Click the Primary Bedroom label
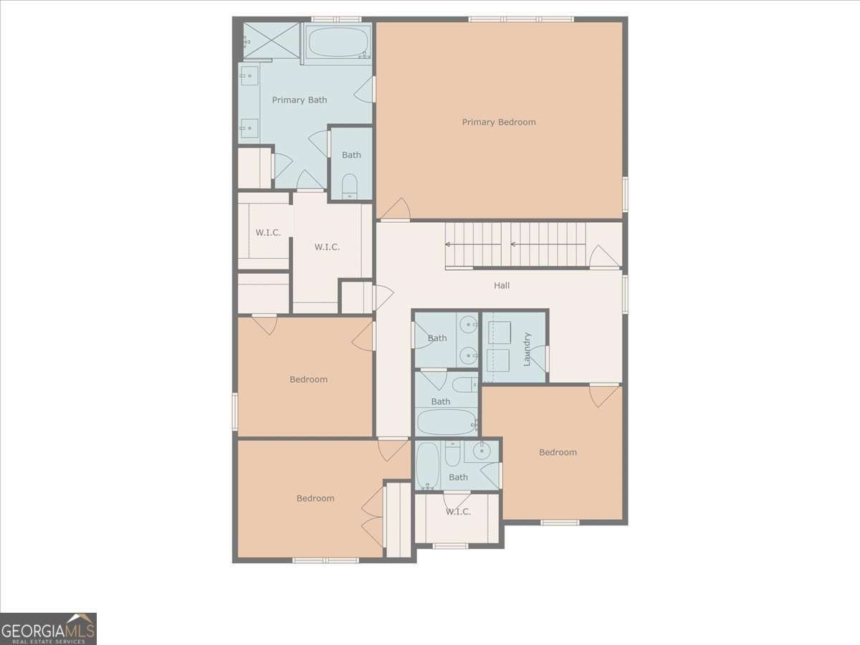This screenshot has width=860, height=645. pos(499,122)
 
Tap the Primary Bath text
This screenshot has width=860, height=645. pos(300,100)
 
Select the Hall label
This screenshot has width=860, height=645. pos(502,285)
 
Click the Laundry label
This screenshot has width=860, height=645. pos(527,349)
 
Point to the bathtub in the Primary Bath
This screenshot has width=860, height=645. pos(338,42)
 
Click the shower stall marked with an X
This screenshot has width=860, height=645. pos(271,41)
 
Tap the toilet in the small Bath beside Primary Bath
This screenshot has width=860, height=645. pos(350,186)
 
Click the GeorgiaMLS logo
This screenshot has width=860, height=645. pos(48,629)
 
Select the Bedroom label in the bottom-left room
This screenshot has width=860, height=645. pos(315,499)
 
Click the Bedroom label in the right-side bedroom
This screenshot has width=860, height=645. pos(558,452)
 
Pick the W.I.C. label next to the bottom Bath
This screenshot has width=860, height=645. pos(458,512)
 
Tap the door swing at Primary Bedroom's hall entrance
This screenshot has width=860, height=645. pos(396,209)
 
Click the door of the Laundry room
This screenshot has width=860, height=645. pos(540,358)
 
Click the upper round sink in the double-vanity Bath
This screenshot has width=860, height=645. pos(468,325)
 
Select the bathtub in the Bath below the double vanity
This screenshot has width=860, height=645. pos(446,422)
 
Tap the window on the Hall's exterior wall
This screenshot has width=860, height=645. pos(626,295)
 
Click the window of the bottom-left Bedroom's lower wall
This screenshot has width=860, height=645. pos(325,560)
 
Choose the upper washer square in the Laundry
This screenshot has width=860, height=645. pos(499,333)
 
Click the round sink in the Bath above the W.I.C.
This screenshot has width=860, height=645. pos(482,452)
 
